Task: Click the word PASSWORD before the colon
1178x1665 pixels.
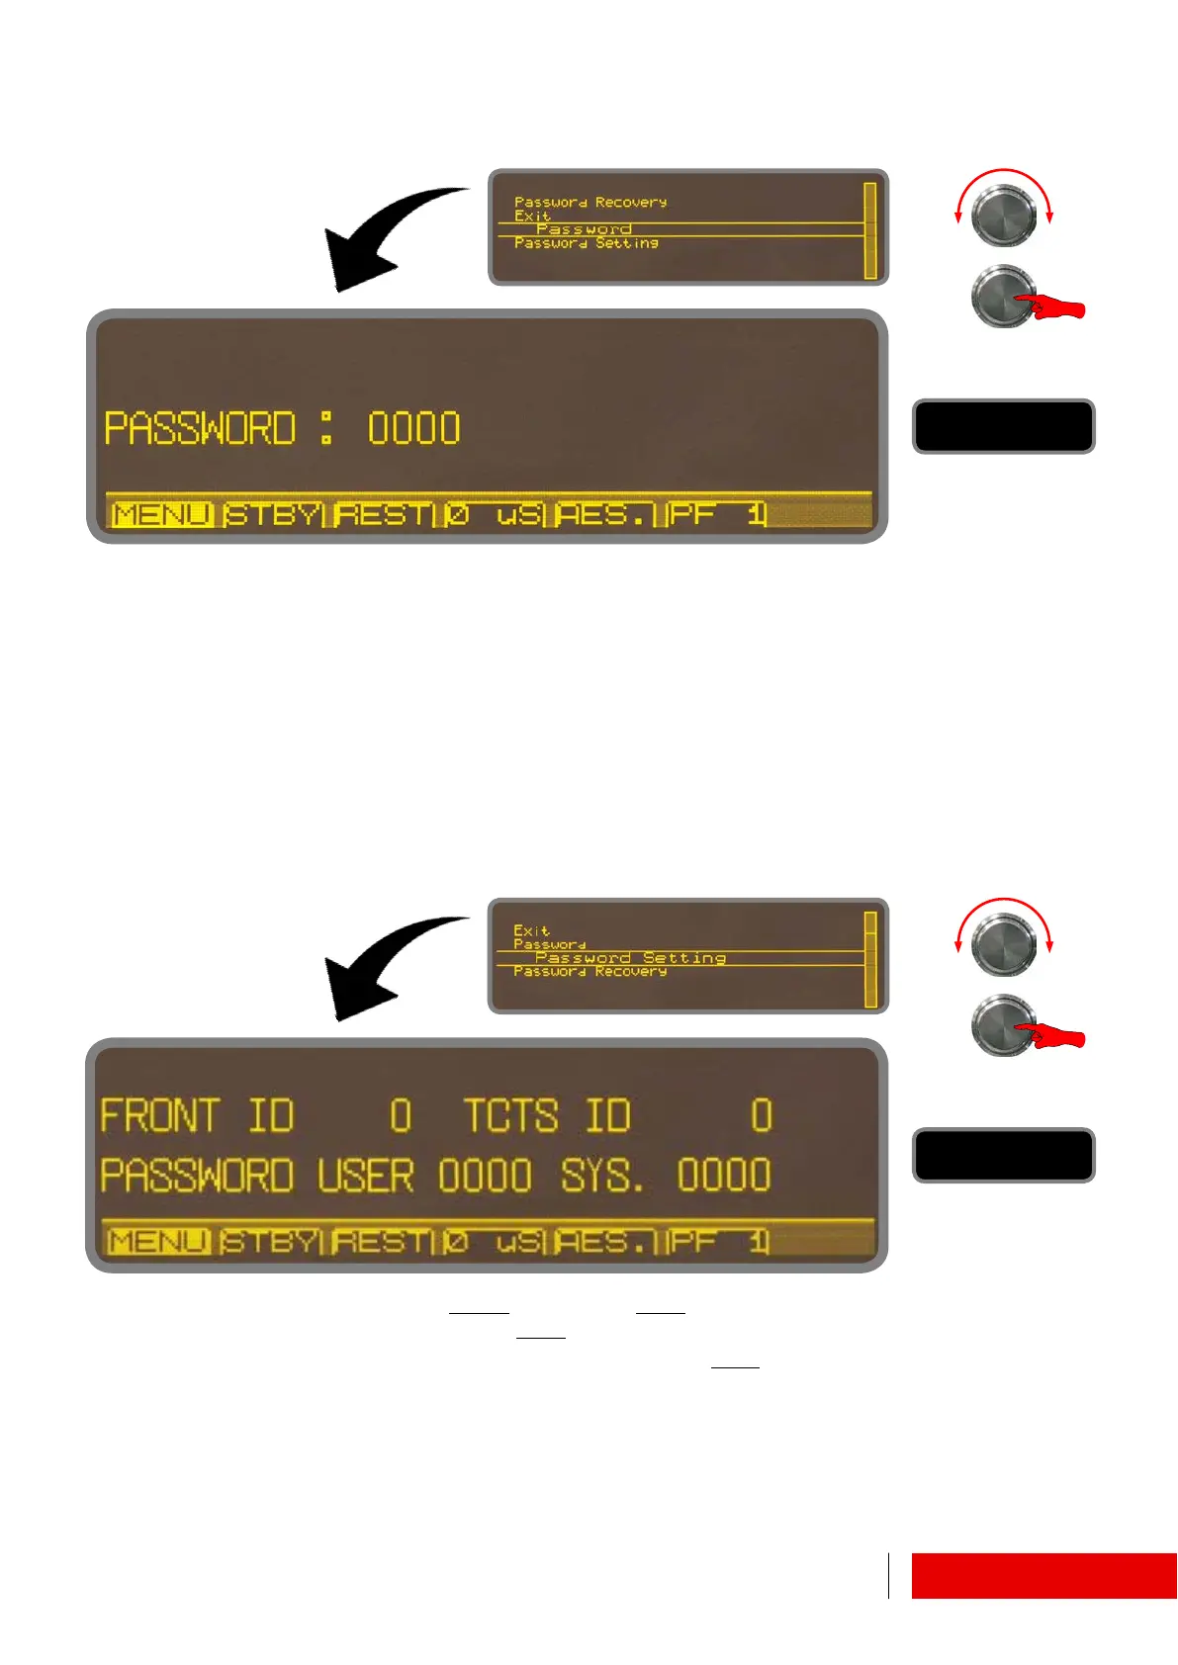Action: click(x=200, y=429)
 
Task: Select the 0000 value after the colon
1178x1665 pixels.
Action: click(x=413, y=429)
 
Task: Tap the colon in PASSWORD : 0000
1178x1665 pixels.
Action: click(x=326, y=428)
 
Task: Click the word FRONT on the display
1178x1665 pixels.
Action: click(x=159, y=1116)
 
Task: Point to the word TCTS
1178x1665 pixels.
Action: click(x=511, y=1116)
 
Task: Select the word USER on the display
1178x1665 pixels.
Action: click(x=365, y=1176)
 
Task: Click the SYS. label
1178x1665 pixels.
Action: click(x=602, y=1176)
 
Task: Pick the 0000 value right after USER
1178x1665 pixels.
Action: click(x=485, y=1176)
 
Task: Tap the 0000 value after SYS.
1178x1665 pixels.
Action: click(x=724, y=1176)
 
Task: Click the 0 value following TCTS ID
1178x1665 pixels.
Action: click(x=761, y=1116)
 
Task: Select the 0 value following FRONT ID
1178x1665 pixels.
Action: click(x=401, y=1116)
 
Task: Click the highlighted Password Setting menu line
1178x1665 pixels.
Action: click(x=630, y=958)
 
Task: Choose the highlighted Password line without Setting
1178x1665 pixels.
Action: click(x=584, y=229)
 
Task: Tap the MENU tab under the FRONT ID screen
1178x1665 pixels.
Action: click(x=158, y=1242)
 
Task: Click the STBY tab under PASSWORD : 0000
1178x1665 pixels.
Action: click(x=272, y=515)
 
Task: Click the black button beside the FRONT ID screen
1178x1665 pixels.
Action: click(x=1003, y=1155)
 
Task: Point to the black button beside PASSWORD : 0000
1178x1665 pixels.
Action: click(x=1003, y=426)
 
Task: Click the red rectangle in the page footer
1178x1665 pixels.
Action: click(x=1043, y=1575)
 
